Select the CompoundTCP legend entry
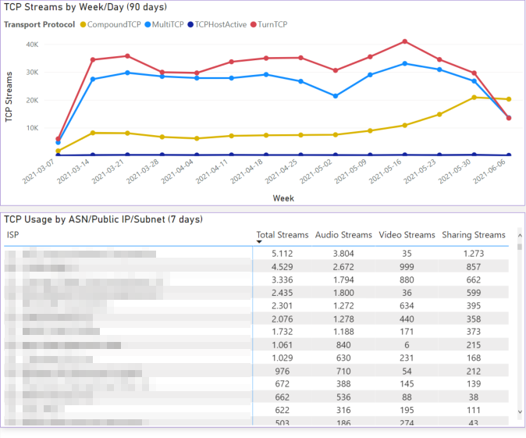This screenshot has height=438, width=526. pos(112,24)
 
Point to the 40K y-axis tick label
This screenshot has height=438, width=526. pos(32,45)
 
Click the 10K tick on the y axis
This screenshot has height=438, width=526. pos(32,128)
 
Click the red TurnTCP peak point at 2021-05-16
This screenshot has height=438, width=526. pos(404,41)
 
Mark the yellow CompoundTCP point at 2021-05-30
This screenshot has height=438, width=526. pos(474,98)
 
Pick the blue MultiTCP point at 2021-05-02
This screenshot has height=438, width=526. pos(336,96)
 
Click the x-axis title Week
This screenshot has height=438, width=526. pos(283,198)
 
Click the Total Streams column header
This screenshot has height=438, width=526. pos(282,234)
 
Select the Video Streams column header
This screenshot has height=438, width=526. pos(407,234)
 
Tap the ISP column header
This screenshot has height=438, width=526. pos(13,234)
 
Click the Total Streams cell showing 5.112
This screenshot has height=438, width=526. pos(282,253)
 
